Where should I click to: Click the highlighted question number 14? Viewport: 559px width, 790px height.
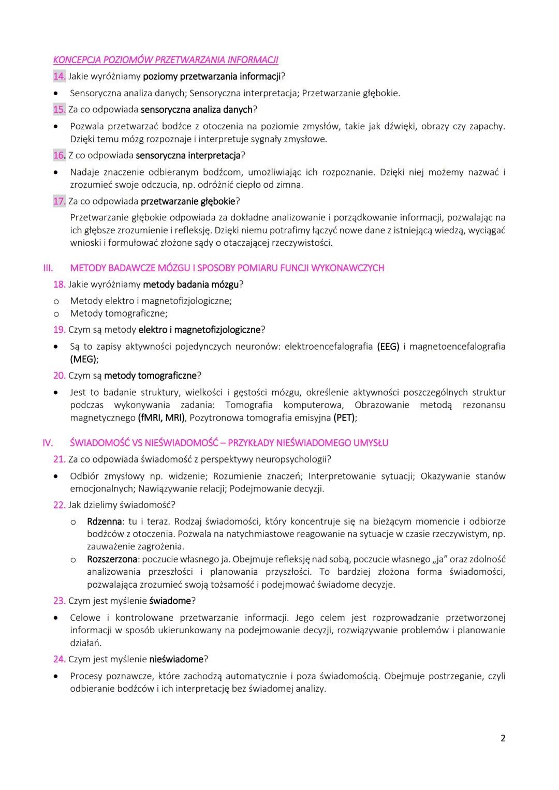click(x=59, y=77)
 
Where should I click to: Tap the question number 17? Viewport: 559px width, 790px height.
click(x=59, y=201)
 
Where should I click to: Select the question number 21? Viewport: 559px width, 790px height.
click(x=59, y=459)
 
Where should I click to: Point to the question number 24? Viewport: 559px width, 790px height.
click(x=59, y=660)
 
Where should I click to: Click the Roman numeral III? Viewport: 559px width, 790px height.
click(x=48, y=268)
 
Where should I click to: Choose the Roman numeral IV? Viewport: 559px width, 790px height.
click(x=48, y=443)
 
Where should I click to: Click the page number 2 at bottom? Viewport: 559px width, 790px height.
click(x=503, y=738)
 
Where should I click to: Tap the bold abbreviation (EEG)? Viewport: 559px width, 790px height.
click(x=388, y=347)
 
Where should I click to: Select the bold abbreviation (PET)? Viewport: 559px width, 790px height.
click(x=345, y=418)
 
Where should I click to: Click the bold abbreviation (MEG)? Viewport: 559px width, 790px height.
click(x=83, y=360)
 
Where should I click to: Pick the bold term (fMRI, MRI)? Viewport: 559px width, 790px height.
click(x=163, y=418)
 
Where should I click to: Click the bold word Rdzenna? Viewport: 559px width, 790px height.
click(x=104, y=521)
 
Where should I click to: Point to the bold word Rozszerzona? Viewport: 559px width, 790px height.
click(x=112, y=559)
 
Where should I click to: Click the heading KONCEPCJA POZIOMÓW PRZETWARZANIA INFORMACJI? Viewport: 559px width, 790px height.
click(x=166, y=60)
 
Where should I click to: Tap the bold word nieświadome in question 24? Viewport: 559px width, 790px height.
click(x=176, y=660)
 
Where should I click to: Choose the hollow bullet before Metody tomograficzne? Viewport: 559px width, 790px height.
click(x=56, y=314)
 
